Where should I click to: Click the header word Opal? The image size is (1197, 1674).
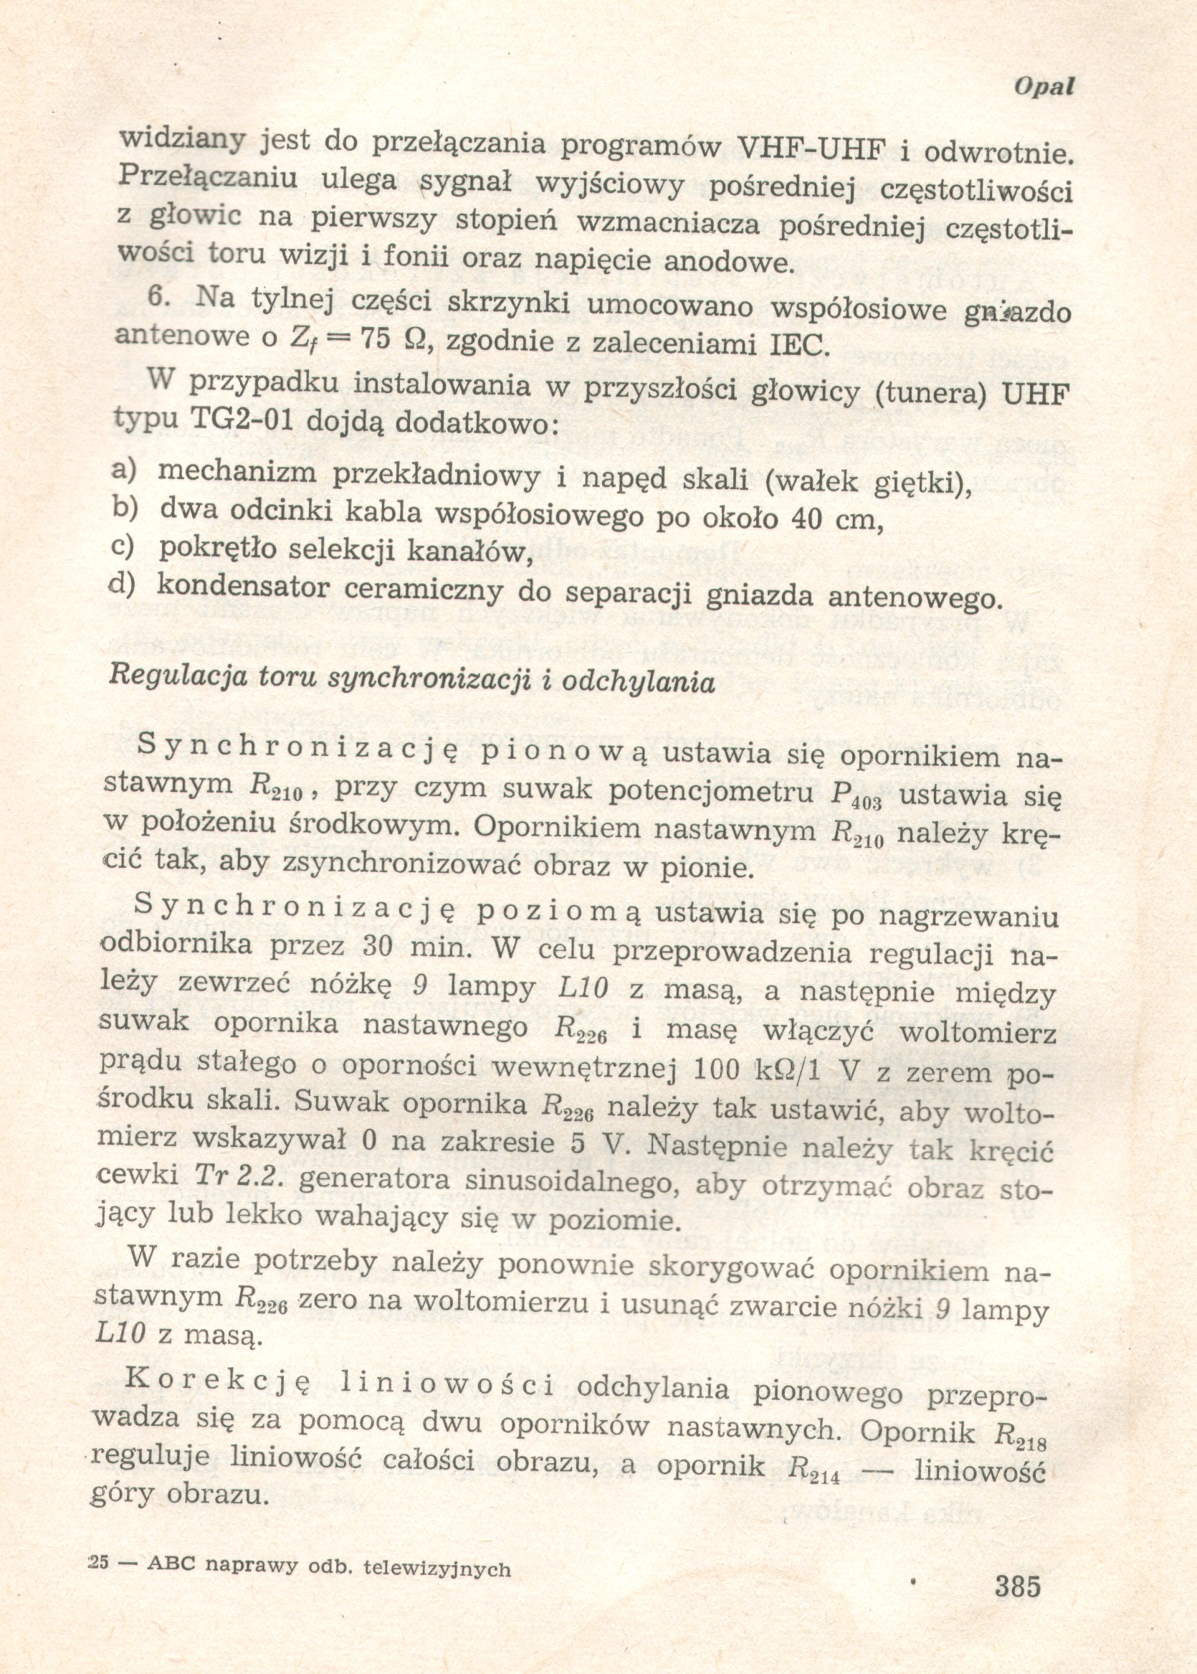1044,86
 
